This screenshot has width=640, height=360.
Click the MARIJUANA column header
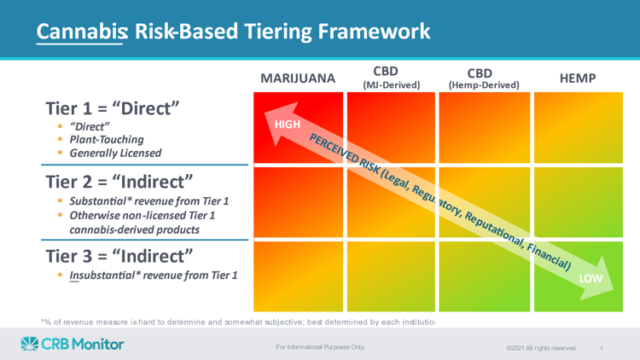click(298, 78)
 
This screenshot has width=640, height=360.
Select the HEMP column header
click(578, 78)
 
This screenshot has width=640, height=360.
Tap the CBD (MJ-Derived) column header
click(391, 77)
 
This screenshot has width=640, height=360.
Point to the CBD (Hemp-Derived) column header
click(484, 78)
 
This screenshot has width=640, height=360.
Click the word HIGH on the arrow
click(288, 125)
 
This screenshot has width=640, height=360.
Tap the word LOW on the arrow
click(591, 278)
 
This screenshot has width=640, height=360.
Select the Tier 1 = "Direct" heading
click(113, 108)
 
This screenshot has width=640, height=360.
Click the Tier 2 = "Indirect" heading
click(119, 182)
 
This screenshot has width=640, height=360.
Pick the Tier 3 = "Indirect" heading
click(119, 256)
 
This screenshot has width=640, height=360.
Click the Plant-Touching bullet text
click(107, 140)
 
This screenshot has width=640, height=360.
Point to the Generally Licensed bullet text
click(115, 153)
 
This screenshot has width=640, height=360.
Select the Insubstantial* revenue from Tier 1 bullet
click(153, 276)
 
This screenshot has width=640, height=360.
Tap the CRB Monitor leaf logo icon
click(29, 344)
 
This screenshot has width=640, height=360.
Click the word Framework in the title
click(374, 32)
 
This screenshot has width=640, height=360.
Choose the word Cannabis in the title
click(82, 32)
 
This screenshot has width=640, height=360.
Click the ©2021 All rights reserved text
click(541, 348)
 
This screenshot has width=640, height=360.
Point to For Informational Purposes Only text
click(320, 347)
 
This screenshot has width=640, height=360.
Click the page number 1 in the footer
click(602, 348)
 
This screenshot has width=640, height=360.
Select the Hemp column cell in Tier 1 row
click(579, 128)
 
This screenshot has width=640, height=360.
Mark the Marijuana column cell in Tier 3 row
click(299, 276)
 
